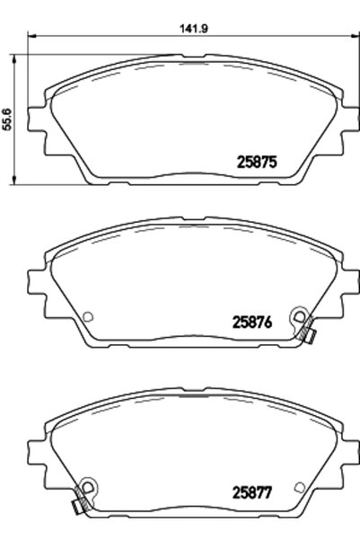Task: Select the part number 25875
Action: point(257,164)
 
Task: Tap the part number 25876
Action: point(256,320)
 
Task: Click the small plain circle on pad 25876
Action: point(88,315)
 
